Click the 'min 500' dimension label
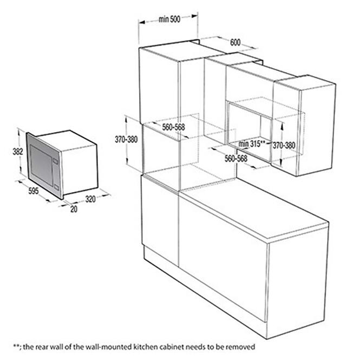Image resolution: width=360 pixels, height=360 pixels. click(169, 19)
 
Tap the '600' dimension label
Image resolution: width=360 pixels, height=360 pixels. click(235, 42)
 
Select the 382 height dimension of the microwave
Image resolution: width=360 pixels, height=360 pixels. click(18, 151)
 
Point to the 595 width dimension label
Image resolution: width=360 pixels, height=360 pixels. click(34, 191)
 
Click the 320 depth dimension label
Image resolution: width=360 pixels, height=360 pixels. click(90, 199)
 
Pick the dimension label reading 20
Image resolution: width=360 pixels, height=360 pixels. click(74, 209)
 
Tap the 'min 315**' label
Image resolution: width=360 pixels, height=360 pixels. click(252, 143)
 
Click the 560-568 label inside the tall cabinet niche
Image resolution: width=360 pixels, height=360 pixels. click(173, 127)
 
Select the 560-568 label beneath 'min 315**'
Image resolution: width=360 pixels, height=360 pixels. click(236, 159)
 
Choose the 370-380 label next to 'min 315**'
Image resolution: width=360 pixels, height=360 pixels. click(284, 145)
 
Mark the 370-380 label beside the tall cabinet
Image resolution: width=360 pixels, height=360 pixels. click(126, 139)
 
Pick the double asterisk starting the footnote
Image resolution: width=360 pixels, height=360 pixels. click(16, 346)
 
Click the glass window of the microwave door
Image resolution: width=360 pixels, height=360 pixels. click(41, 165)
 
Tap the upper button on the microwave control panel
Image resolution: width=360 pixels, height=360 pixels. click(55, 161)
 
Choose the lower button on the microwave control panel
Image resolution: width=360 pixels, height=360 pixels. click(57, 187)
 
